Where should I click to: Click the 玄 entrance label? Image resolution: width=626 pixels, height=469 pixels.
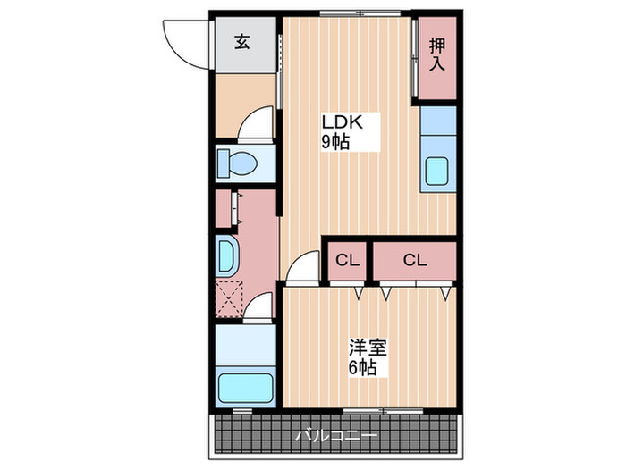coord(241,41)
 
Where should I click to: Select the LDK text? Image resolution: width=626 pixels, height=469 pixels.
coord(341,123)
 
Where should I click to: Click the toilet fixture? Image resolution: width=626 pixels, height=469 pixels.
coord(238,163)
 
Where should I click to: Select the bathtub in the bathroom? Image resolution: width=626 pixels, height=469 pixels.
coord(245,385)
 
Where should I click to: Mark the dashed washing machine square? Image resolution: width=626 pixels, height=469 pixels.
coord(229,299)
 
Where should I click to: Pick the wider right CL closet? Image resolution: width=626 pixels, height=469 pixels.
coord(414,260)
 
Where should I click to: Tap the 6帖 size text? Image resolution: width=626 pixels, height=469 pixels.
coord(362,367)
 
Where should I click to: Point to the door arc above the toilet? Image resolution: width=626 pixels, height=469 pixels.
coord(257,124)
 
